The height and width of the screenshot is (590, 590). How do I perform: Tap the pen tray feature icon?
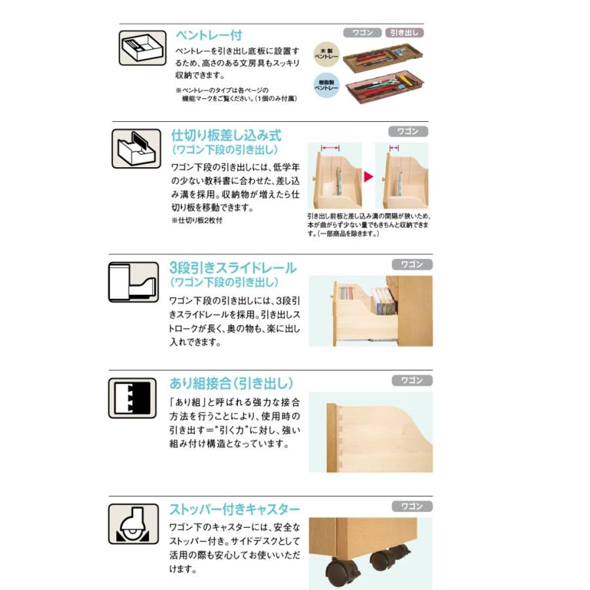(138, 48)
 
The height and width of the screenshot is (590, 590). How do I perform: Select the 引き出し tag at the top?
(404, 32)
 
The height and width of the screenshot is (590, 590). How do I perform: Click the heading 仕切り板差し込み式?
(226, 135)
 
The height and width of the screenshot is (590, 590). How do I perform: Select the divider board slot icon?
(136, 147)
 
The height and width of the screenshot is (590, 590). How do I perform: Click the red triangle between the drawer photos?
(368, 177)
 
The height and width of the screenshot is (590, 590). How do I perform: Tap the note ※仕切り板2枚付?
(197, 220)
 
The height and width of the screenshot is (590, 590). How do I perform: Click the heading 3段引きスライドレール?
(233, 268)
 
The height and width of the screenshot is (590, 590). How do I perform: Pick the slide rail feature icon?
(133, 282)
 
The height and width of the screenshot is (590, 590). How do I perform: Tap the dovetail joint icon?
(133, 397)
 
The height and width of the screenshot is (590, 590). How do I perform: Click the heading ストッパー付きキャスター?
(235, 509)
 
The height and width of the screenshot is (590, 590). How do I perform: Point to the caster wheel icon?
(133, 524)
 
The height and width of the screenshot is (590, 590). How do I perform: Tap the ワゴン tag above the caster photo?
(412, 507)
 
